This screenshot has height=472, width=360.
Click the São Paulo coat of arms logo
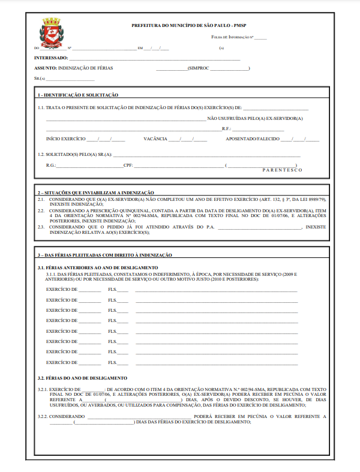coord(51,34)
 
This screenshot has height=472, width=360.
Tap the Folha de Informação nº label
coord(232,37)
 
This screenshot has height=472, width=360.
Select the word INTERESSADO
coord(50,59)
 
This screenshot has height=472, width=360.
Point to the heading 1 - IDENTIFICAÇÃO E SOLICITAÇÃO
coord(78,95)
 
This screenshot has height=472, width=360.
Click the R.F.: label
coord(226,128)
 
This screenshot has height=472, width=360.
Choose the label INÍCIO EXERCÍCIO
coord(65,139)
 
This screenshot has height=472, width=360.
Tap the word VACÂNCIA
coord(155,139)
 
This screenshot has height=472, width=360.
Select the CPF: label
coord(128,164)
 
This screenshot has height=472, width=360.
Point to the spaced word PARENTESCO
coord(282,170)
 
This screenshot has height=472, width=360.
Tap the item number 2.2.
coord(41,211)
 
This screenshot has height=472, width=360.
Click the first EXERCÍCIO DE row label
coord(62,290)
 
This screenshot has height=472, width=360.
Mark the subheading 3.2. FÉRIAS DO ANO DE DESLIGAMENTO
coord(82,378)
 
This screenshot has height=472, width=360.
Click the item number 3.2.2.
coord(43,416)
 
